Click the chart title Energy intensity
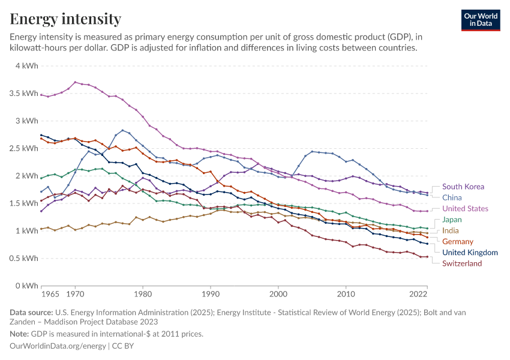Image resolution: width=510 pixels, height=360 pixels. point(65,19)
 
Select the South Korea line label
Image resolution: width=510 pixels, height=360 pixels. point(463,187)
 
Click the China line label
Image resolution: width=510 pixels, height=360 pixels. point(452,197)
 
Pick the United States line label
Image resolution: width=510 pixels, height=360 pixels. point(466,208)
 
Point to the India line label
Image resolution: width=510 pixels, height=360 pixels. point(451,230)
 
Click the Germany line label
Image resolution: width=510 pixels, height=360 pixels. point(458,241)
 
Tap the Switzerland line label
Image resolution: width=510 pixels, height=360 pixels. point(462,263)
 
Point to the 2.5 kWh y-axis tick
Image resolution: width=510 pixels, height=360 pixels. point(23,148)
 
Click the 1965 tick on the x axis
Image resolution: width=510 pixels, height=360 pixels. point(50,295)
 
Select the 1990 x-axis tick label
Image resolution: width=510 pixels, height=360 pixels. point(211,295)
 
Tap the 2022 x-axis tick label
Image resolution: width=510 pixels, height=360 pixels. point(418,295)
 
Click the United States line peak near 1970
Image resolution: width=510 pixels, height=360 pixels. point(75,82)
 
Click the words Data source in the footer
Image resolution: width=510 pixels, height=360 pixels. point(31,312)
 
